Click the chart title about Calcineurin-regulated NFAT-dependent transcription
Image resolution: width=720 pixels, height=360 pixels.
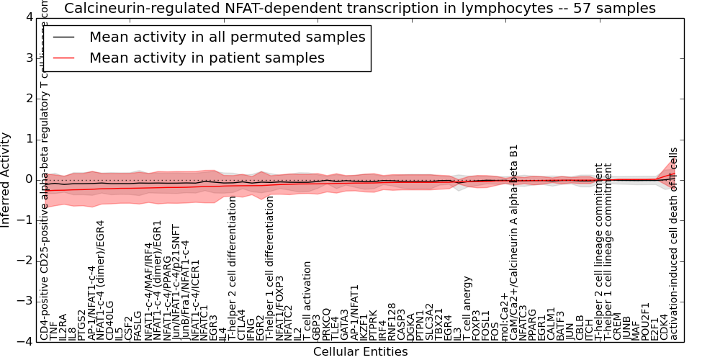(x=359, y=8)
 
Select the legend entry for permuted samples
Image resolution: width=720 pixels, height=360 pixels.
(x=227, y=37)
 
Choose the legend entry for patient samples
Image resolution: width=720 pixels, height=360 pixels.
(x=207, y=58)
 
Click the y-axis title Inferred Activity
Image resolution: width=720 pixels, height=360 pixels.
(x=6, y=179)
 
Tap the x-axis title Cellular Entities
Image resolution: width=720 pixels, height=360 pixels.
(x=360, y=352)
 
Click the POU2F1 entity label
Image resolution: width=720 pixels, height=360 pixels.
(x=645, y=322)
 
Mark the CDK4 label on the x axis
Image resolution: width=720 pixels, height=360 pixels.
(x=664, y=328)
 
